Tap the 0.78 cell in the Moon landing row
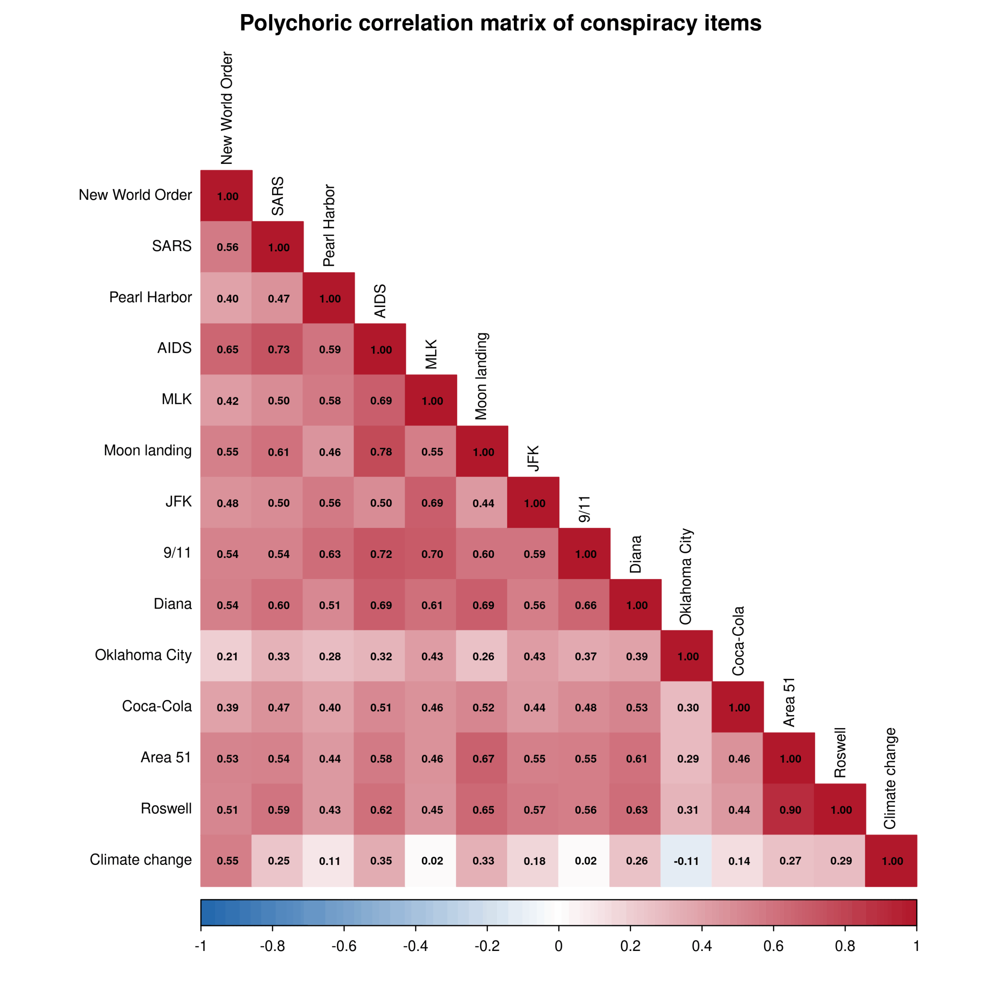tap(381, 452)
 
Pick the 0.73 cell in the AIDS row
tap(279, 349)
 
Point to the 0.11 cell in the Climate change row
tap(330, 861)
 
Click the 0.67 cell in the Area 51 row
tap(483, 759)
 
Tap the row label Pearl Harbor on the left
tap(150, 298)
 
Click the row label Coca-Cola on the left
tap(156, 706)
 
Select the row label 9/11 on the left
tap(177, 553)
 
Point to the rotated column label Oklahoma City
tap(685, 576)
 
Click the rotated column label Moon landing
tap(481, 376)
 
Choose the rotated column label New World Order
tap(226, 108)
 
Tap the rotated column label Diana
tap(635, 554)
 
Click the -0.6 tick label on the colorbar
tap(344, 947)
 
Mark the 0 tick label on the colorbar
tap(558, 947)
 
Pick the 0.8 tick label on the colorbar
tap(845, 947)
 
